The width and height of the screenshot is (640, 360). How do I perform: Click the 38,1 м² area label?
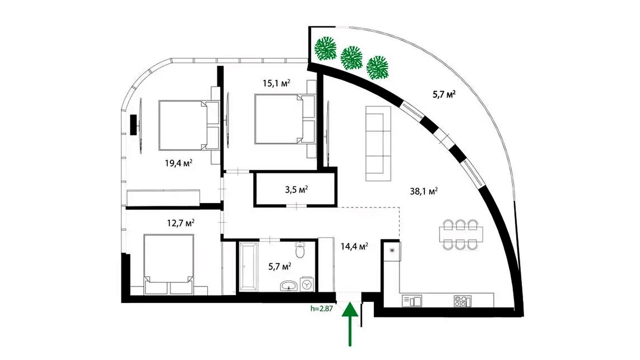coord(424,191)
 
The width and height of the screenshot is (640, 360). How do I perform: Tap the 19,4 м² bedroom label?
coord(178,163)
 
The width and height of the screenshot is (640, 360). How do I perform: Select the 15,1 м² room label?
coord(276,84)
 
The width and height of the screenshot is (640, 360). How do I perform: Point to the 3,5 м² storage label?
coord(296,190)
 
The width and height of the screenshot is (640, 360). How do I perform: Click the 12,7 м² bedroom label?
coord(181,223)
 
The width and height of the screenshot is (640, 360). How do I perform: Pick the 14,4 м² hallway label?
coord(354,246)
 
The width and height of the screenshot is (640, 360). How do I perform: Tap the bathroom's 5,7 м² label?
coord(280,266)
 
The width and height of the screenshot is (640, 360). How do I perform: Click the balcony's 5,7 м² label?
coord(444,94)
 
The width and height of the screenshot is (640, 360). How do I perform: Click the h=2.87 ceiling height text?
coord(322,308)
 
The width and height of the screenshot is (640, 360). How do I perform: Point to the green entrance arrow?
coord(350,324)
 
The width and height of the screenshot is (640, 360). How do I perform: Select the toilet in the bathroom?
coord(300,250)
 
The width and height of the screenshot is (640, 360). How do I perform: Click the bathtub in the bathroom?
coord(248,266)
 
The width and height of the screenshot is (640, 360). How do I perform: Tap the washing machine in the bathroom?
coord(306,284)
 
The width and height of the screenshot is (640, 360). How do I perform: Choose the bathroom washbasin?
coord(289,286)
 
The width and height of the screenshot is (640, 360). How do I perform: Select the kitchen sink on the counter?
coord(412,301)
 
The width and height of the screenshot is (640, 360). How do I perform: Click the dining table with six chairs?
coord(461,234)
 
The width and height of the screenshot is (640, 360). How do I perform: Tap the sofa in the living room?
coord(378,144)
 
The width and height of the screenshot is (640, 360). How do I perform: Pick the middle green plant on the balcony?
coord(352,58)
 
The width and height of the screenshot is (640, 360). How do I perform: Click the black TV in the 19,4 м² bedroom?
coord(134,124)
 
